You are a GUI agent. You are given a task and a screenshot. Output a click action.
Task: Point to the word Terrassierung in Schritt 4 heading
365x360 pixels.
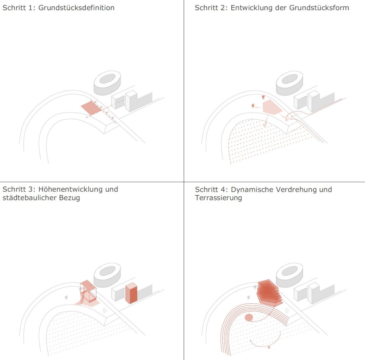tap(218, 198)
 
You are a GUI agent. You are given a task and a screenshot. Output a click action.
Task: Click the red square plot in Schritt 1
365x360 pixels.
tap(91, 108)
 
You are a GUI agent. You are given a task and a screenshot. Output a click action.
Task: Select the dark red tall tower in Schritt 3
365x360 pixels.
tap(131, 293)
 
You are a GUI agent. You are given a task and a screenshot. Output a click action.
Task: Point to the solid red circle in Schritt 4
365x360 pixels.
tap(248, 317)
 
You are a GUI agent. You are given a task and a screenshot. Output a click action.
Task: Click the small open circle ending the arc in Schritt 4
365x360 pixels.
tap(269, 347)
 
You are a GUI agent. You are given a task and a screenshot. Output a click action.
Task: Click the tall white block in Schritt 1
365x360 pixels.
tap(131, 101)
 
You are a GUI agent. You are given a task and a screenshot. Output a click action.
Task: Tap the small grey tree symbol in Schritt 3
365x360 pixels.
tap(66, 297)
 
